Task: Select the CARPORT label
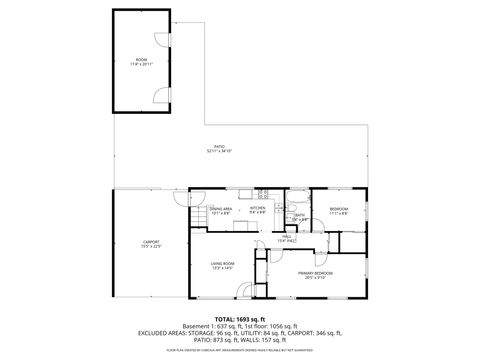pyautogui.click(x=151, y=241)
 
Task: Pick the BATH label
pyautogui.click(x=300, y=214)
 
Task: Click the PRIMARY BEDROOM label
pyautogui.click(x=315, y=271)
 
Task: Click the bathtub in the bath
pyautogui.click(x=300, y=197)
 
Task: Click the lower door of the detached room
pyautogui.click(x=159, y=96)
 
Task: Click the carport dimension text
pyautogui.click(x=151, y=246)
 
